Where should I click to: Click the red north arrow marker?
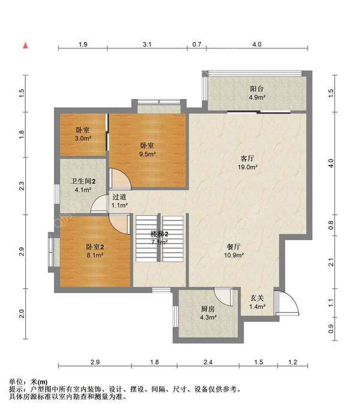pos(25,46)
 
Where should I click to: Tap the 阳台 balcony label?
pos(257,88)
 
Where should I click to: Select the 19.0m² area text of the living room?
pos(247,167)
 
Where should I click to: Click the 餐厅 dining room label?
pos(233,247)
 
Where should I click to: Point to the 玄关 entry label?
pos(257,298)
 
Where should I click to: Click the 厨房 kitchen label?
pos(208,309)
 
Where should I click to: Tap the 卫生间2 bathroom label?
pos(83,181)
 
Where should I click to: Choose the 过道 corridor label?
pos(119,197)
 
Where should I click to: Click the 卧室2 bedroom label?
pos(95,247)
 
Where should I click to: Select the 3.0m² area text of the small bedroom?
pos(83,138)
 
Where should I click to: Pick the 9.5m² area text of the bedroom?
pos(147,154)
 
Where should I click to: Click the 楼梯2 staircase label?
pos(159,233)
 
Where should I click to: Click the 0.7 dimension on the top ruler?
pos(197,44)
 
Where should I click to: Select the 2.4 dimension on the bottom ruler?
pos(208,362)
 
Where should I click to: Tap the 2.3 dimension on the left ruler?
pos(22,186)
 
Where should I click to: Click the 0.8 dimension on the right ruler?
pos(331,225)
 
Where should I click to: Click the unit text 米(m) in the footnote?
pos(39,382)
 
